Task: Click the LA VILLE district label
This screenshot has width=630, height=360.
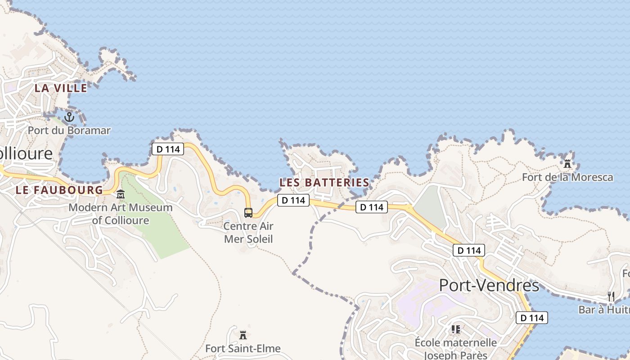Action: (61, 88)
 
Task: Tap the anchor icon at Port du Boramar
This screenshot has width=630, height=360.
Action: (69, 118)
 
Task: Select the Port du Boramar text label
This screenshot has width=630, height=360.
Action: (69, 130)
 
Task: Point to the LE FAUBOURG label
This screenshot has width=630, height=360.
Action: (59, 190)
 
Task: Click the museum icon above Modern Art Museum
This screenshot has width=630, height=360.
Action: (121, 195)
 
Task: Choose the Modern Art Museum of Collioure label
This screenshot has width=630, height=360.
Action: (121, 214)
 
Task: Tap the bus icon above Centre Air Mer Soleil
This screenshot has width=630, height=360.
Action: (248, 212)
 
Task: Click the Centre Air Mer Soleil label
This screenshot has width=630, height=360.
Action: (248, 232)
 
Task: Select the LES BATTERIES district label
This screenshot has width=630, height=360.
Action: (324, 183)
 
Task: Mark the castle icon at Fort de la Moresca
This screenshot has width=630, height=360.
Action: (567, 164)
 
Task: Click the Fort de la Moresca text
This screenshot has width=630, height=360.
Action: (567, 177)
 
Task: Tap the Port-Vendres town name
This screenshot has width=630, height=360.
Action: (489, 285)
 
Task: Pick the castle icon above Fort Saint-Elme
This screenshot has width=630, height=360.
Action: (243, 335)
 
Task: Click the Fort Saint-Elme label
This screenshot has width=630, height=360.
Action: (243, 348)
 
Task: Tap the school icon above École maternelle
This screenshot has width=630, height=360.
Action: (455, 329)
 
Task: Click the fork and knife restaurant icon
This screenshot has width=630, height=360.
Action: (611, 296)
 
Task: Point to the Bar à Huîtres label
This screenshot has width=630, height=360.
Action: (604, 310)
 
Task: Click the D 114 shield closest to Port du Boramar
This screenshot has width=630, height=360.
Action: (168, 149)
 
